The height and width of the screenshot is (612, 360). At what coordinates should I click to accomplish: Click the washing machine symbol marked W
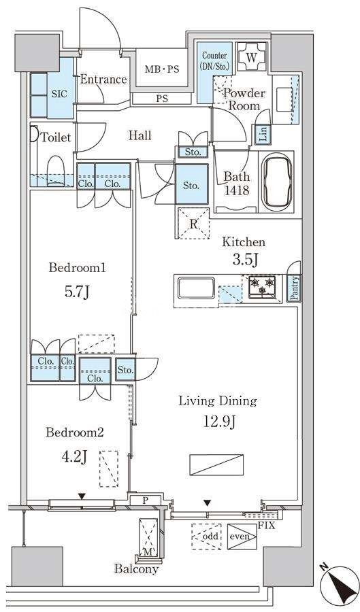[251, 57]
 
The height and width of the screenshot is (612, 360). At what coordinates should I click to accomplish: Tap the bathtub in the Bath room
[276, 182]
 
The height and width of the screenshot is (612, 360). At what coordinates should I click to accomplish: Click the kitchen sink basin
[196, 288]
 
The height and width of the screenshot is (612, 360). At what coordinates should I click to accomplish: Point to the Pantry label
[294, 288]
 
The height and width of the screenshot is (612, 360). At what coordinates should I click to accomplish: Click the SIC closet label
[60, 94]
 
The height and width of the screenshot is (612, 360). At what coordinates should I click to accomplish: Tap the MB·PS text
[162, 69]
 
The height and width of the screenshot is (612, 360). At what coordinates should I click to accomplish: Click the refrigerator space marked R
[193, 223]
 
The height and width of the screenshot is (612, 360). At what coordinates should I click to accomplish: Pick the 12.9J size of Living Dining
[218, 421]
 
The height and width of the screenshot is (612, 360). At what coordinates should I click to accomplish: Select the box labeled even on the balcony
[242, 537]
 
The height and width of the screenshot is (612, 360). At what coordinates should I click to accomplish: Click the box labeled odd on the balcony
[206, 537]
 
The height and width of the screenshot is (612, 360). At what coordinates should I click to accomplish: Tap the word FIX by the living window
[267, 526]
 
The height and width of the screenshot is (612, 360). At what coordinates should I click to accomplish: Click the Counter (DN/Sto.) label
[214, 61]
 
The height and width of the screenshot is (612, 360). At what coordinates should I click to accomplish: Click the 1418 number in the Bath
[237, 190]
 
